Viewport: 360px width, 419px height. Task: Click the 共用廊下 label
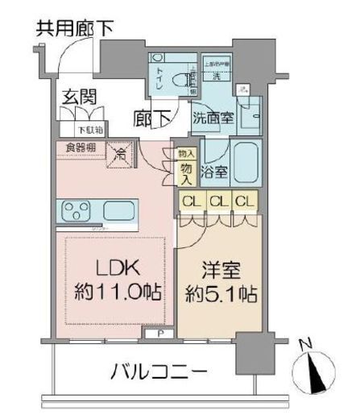click(x=73, y=28)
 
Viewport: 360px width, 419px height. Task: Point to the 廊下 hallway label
click(x=151, y=118)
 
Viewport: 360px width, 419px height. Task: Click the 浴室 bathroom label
click(x=215, y=171)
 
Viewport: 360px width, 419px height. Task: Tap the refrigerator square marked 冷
click(x=120, y=153)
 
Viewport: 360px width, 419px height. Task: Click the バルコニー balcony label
click(x=159, y=371)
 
